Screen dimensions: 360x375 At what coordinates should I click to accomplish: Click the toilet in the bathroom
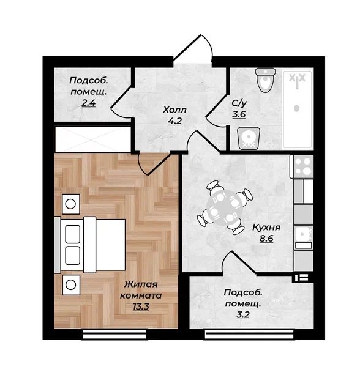coord(265,80)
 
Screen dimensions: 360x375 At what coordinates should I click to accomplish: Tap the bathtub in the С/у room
coord(298,108)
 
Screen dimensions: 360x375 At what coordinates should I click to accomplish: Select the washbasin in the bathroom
coord(249,138)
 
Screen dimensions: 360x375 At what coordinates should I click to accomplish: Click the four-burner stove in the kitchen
coord(302,166)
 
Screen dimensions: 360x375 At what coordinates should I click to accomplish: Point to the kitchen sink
coord(304,237)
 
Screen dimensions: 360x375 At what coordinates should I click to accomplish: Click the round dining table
coord(225,207)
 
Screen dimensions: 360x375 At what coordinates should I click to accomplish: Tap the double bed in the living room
coord(90,245)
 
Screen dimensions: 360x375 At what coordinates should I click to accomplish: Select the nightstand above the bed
coord(71,204)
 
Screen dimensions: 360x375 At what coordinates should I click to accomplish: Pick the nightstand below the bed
coord(71,285)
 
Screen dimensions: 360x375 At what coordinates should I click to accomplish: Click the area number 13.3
coord(141,306)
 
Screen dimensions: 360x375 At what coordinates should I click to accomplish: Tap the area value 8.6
coord(266,239)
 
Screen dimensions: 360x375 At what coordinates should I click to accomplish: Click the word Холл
coord(174,110)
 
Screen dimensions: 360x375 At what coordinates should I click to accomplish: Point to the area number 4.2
coord(175,121)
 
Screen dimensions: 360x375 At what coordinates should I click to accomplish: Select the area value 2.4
coord(89,103)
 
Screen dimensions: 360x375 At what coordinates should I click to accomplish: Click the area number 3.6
coord(239,114)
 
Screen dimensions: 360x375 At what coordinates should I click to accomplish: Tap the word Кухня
coord(266,228)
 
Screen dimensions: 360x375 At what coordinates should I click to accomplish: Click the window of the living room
coord(114,335)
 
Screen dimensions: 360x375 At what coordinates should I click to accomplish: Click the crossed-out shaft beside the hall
coord(93,139)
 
